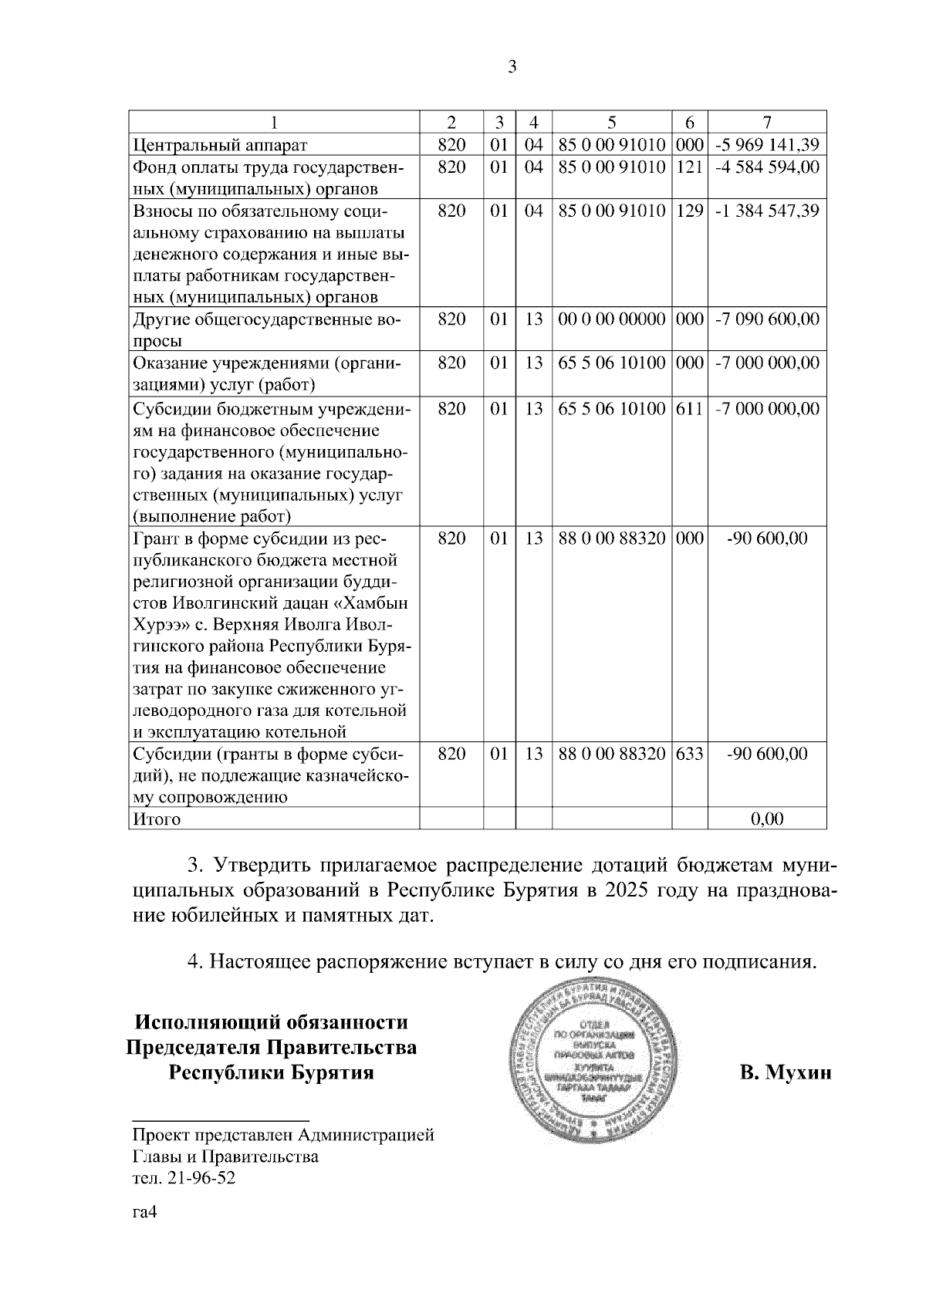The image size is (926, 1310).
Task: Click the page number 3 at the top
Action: (x=512, y=67)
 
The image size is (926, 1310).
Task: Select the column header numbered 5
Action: (x=611, y=123)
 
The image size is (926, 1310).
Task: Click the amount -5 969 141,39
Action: (x=767, y=144)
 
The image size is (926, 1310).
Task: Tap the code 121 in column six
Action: (x=690, y=167)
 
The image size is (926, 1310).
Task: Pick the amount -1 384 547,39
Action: (x=767, y=211)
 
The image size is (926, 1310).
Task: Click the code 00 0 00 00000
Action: (x=611, y=319)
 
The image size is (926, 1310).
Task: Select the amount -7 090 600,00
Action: (x=767, y=319)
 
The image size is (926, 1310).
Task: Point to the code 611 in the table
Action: (x=690, y=408)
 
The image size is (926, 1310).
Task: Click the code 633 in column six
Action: (x=690, y=754)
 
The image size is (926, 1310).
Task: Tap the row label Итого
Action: (x=157, y=819)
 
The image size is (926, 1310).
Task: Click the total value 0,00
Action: (x=767, y=819)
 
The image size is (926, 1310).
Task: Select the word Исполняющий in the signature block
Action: (x=204, y=1023)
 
